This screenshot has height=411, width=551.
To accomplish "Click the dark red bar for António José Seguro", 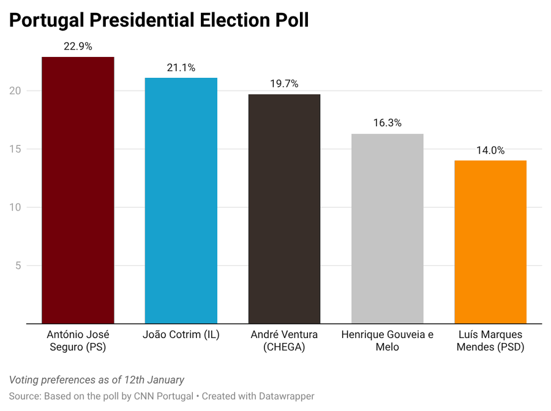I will coord(78,190).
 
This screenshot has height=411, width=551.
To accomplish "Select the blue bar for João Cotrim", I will coord(181,200).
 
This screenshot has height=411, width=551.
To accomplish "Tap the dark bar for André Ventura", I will coord(284,208).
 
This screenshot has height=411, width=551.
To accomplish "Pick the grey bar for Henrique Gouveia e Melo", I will coord(387,228).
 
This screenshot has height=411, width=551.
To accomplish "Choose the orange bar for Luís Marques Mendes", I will coord(490,242).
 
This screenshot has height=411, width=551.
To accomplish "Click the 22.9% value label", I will coord(78,47).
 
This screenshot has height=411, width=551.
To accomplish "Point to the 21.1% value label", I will coord(181,67).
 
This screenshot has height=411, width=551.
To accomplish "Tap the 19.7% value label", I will coord(284,84).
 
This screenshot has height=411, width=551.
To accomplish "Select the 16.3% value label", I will coord(387,123).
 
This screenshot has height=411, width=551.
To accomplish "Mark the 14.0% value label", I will coord(490,150).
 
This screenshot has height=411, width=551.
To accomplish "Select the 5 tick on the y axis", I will coord(18,265).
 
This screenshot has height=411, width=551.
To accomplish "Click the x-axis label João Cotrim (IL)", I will coord(181,335).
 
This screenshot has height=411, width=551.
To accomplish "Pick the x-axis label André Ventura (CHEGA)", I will coord(284,341).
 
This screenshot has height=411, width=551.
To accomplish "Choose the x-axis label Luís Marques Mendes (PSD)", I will coord(490,341).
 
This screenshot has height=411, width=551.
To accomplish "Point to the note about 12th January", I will coord(97,380).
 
